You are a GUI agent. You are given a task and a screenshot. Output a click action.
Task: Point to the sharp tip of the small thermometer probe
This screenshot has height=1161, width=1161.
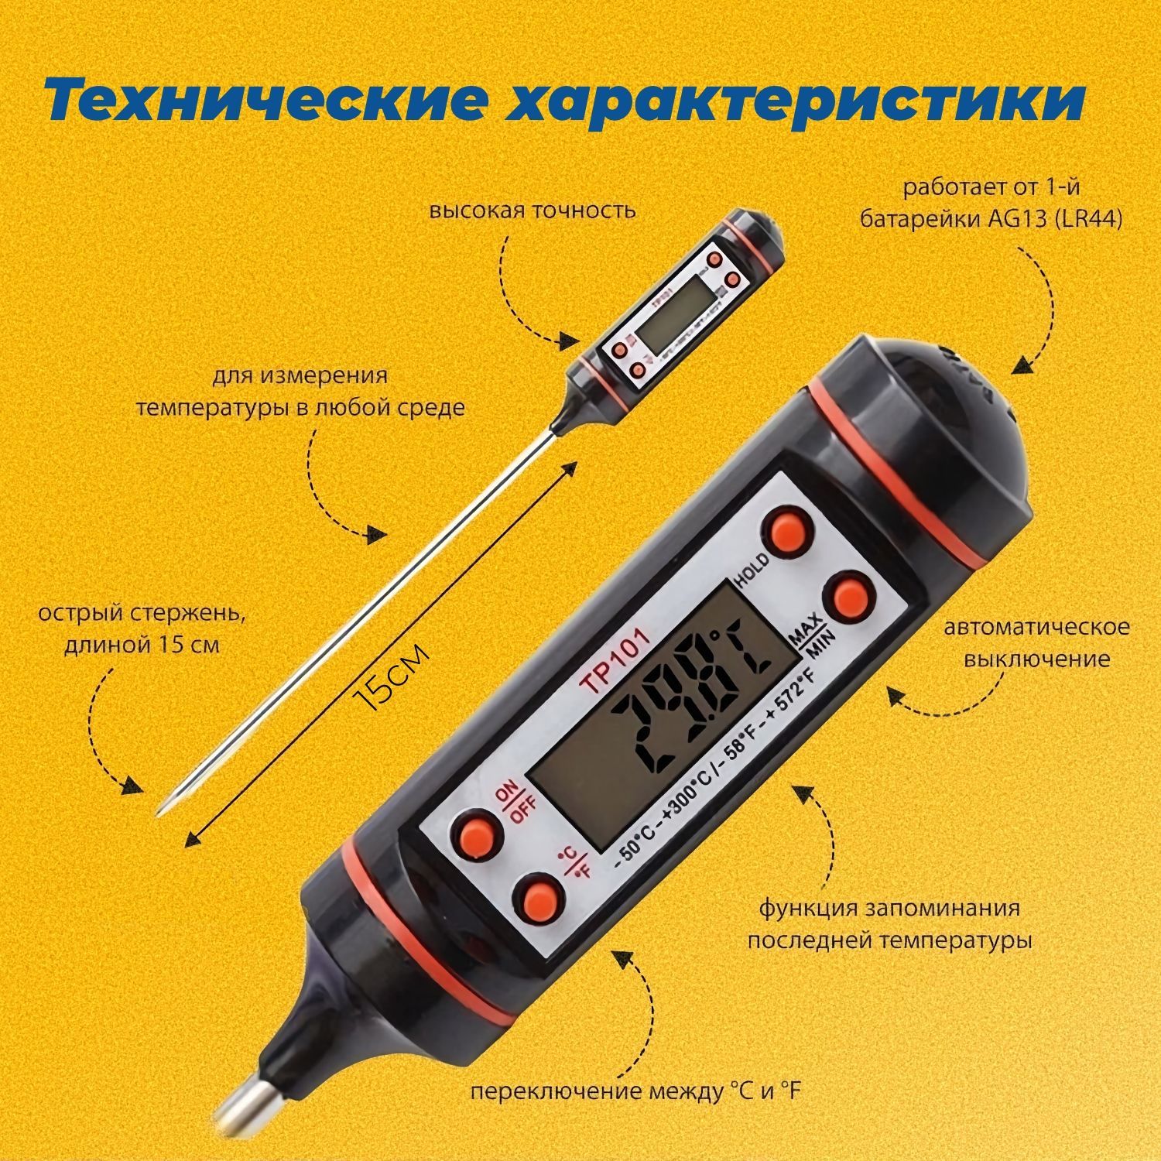point(159,812)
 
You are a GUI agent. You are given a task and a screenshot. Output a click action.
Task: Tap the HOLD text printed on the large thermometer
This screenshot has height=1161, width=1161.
point(752,571)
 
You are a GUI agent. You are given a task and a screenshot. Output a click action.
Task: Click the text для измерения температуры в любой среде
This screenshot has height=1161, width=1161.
point(302,391)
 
